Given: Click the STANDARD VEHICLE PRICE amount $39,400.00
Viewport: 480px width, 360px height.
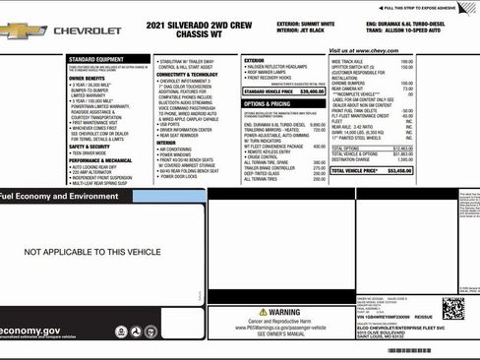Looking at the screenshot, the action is click(310, 90).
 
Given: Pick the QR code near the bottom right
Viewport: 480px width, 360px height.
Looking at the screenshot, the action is click(452, 309).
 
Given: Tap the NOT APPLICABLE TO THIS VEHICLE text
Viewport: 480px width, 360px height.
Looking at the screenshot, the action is click(92, 253).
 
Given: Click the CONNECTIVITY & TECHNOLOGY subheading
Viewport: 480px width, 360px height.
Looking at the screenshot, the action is click(187, 75).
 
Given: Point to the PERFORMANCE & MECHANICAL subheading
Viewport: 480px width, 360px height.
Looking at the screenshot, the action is click(99, 159).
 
